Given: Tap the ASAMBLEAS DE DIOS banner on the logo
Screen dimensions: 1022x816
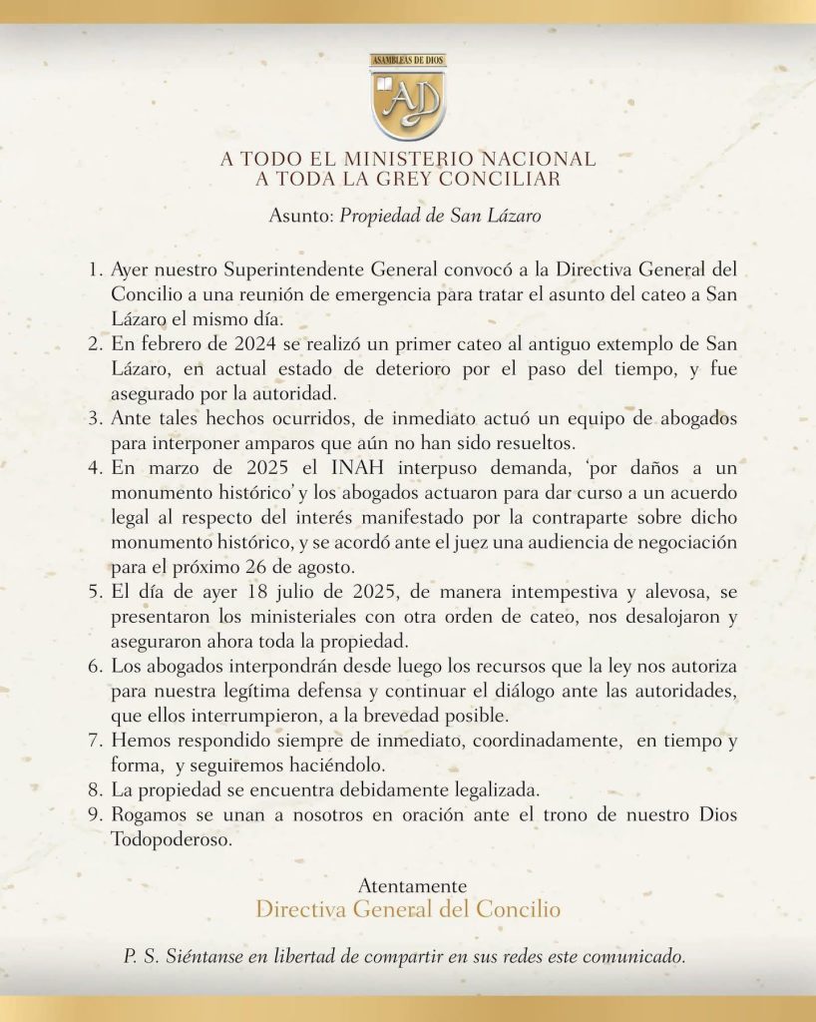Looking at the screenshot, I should tap(407, 61).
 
